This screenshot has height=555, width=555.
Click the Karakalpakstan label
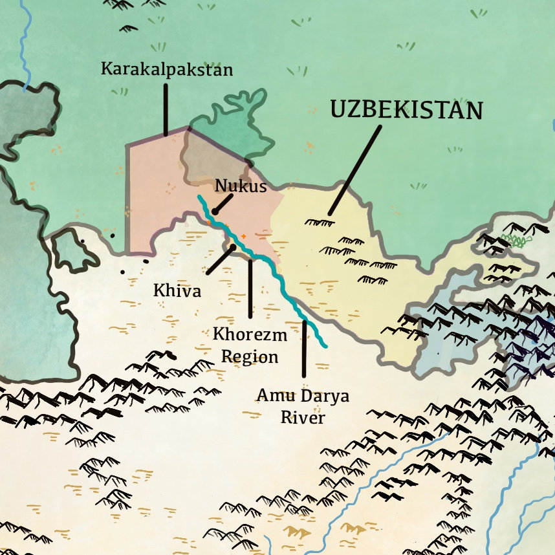pos(166,69)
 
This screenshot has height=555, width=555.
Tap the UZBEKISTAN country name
pos(406,110)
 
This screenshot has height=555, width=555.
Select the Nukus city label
pos(241,186)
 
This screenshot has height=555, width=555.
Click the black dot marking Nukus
pos(214,212)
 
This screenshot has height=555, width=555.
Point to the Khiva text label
pos(177,291)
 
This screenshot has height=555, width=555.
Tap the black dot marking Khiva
pos(233,246)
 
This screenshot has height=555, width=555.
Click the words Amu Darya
pos(303,395)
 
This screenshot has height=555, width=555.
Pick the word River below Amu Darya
pos(303,417)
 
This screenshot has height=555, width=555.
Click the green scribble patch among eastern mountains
pos(516,240)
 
